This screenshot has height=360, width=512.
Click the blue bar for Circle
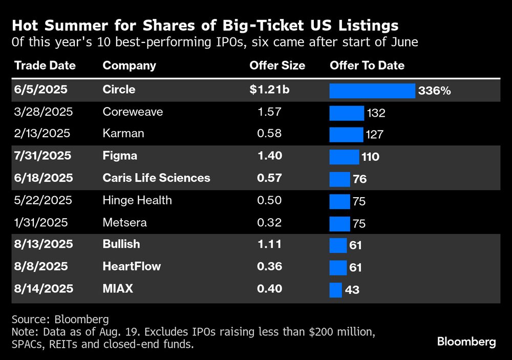coord(372,91)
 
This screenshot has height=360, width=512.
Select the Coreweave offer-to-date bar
coord(346,113)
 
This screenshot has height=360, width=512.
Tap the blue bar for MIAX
coord(335,289)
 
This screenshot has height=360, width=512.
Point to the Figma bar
coord(344,157)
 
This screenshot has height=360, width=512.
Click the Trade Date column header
coord(45,66)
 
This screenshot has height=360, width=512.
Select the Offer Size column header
coord(277,66)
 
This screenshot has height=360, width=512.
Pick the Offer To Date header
coord(367,66)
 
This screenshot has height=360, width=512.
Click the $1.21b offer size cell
coord(270,90)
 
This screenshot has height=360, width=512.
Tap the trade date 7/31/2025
coord(44,156)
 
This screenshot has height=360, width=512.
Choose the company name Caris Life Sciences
coord(156,178)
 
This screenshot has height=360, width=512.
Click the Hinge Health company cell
coord(137,200)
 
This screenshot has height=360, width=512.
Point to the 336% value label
coord(434,91)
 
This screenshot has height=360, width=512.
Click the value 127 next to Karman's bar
coord(375,135)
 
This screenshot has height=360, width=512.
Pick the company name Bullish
coord(121,244)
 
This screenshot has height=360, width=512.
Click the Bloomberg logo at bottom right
coord(466,342)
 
